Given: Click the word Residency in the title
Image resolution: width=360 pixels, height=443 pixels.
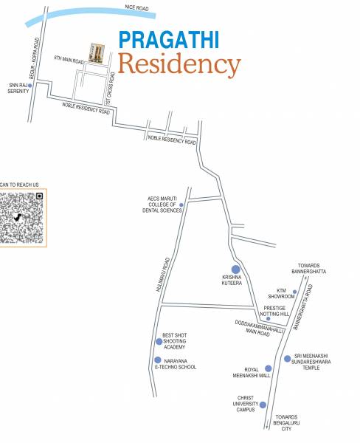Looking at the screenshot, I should [179, 64].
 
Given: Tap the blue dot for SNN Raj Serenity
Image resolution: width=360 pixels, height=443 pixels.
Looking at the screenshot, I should [30, 86].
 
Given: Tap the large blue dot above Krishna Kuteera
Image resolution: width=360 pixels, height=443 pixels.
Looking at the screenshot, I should [235, 269].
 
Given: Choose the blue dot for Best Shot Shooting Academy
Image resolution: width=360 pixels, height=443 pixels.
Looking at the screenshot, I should [159, 341].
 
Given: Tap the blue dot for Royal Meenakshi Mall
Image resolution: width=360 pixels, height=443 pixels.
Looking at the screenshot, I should [268, 368].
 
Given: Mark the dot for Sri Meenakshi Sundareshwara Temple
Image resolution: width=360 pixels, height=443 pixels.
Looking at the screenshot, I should [288, 358].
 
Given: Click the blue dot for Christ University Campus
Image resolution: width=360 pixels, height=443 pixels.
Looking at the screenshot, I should [263, 405].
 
